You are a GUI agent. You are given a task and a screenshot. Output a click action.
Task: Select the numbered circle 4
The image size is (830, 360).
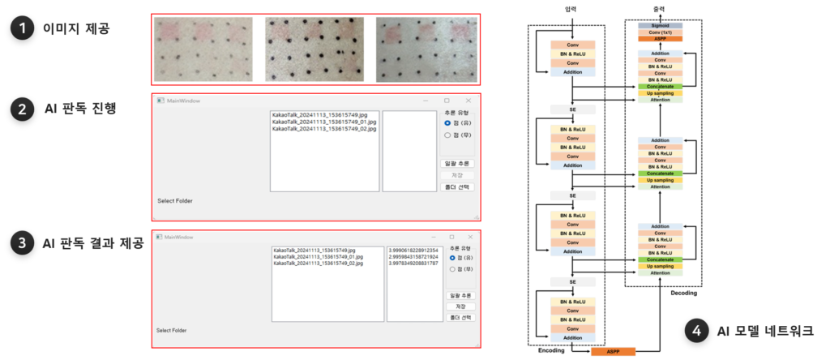pyautogui.click(x=695, y=331)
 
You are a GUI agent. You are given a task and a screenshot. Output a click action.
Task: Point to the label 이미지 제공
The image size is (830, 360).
pyautogui.click(x=76, y=28)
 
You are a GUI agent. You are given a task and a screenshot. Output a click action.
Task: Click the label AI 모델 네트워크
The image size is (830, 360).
pyautogui.click(x=765, y=331)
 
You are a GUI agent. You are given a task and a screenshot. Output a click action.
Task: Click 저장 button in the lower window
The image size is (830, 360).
pyautogui.click(x=460, y=306)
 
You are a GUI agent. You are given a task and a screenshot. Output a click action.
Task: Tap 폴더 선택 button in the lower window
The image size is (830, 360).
pyautogui.click(x=460, y=317)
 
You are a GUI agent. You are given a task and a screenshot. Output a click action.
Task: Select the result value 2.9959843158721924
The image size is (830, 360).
pyautogui.click(x=413, y=257)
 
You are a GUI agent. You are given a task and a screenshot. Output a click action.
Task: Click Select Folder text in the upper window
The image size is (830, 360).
pyautogui.click(x=174, y=200)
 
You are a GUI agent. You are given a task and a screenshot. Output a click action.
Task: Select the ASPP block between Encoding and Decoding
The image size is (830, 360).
pyautogui.click(x=614, y=352)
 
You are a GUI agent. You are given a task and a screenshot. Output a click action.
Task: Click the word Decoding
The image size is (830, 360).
pyautogui.click(x=684, y=293)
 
